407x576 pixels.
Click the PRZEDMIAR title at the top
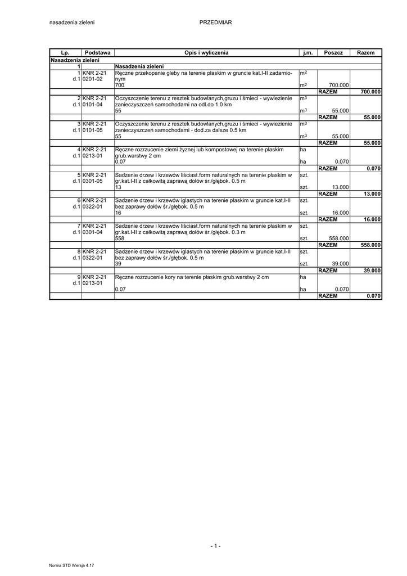tap(215, 22)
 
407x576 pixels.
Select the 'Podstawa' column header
tap(97, 52)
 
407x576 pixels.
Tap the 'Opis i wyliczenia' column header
tap(206, 52)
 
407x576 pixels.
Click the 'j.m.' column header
tap(307, 52)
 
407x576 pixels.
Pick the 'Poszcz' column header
tap(333, 52)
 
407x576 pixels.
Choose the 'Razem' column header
tap(365, 52)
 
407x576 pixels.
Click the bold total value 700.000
tap(370, 92)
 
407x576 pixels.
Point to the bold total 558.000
tap(370, 245)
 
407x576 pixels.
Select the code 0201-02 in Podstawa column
tap(92, 79)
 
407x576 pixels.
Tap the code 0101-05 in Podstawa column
tap(92, 130)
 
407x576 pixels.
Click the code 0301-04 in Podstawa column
tap(92, 232)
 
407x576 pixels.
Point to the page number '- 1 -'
tap(215, 546)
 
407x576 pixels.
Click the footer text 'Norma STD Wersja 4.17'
tap(71, 564)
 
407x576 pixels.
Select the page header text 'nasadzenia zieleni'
tap(72, 22)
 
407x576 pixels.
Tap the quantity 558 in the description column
tap(119, 238)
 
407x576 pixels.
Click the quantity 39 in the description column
tap(118, 264)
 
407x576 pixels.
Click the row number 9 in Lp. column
tap(79, 277)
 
